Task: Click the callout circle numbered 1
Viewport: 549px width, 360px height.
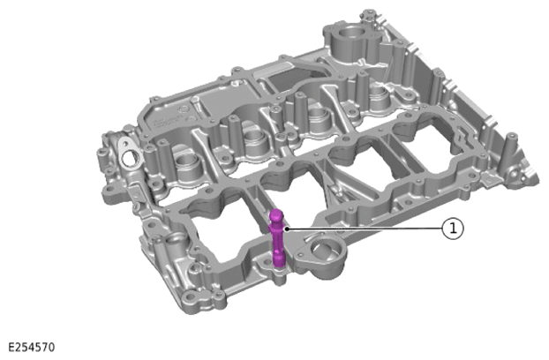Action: (x=453, y=229)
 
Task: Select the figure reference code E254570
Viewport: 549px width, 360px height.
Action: (x=32, y=348)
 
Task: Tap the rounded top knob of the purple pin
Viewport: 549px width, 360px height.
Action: (x=276, y=214)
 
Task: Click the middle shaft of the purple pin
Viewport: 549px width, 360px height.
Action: (x=277, y=242)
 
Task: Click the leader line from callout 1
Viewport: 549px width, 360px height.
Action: (x=365, y=229)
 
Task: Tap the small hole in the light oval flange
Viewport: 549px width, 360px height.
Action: (x=124, y=142)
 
